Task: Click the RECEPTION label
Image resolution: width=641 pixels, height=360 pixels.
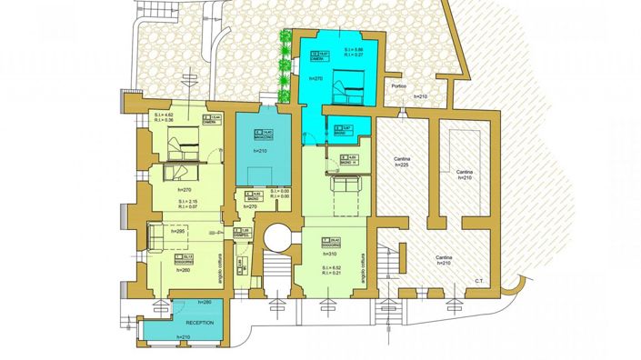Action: (x=199, y=323)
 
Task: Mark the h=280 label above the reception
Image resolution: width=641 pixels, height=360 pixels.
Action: (x=205, y=302)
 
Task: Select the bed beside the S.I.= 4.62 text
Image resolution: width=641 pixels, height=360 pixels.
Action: (x=181, y=141)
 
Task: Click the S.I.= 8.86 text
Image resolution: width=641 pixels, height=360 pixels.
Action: (x=354, y=49)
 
